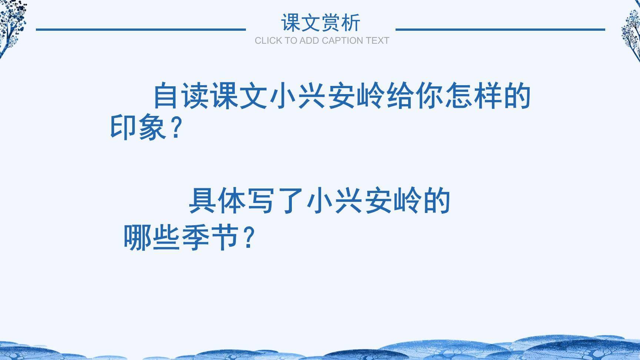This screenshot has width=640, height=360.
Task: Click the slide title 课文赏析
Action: click(320, 23)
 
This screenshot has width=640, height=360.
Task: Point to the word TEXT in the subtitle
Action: click(377, 41)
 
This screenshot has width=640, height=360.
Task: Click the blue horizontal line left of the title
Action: click(141, 29)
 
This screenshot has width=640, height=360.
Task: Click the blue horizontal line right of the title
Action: click(500, 29)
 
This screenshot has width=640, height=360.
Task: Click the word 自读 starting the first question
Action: click(181, 96)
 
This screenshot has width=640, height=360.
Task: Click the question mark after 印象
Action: click(177, 127)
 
